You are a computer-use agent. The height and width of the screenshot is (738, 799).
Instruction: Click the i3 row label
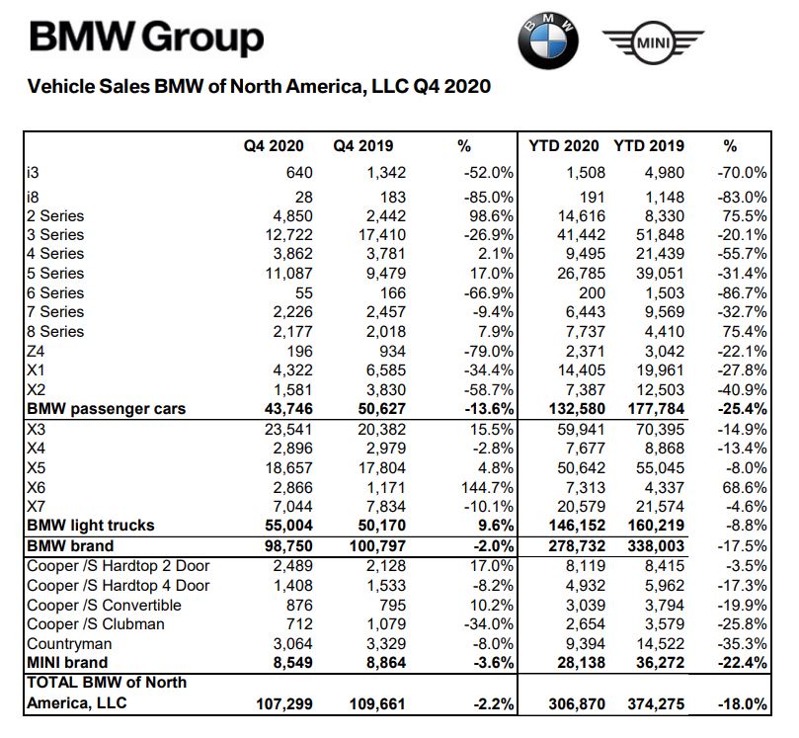35,172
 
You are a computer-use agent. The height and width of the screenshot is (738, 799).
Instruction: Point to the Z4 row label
38,351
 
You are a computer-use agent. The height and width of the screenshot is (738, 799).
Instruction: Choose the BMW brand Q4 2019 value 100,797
372,545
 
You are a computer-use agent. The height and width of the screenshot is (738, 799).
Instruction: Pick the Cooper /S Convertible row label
104,604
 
